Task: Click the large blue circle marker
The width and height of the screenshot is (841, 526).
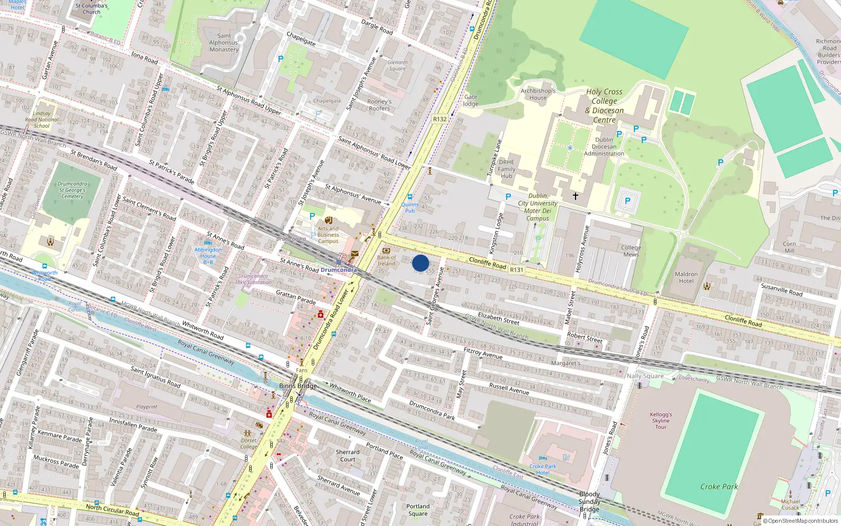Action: point(420,263)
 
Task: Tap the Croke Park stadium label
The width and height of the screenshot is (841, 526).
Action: point(719,487)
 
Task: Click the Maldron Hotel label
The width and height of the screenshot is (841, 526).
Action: point(686,277)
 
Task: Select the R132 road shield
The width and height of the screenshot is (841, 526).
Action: point(440,119)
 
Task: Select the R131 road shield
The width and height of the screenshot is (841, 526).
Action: point(517,270)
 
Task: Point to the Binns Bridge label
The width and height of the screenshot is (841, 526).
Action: point(298,386)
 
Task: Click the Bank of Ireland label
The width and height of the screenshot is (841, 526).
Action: point(386,260)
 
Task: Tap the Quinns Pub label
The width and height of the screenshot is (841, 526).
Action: point(410,207)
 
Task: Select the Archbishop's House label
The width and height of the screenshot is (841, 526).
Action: point(538,94)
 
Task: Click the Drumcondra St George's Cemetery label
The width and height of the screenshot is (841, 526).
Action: point(73,190)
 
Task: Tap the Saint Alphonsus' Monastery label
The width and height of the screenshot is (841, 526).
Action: point(224,43)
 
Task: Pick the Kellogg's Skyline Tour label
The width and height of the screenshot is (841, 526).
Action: point(661,420)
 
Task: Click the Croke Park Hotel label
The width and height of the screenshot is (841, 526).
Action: point(542,469)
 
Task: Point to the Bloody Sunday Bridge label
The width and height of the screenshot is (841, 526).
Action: point(589,501)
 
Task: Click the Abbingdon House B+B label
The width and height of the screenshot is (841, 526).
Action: point(208,256)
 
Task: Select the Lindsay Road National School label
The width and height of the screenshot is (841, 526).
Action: point(42,119)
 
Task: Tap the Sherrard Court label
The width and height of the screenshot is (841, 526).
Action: point(347,456)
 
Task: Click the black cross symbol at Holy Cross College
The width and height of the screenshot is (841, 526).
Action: point(576,196)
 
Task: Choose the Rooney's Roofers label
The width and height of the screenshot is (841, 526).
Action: point(380,105)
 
